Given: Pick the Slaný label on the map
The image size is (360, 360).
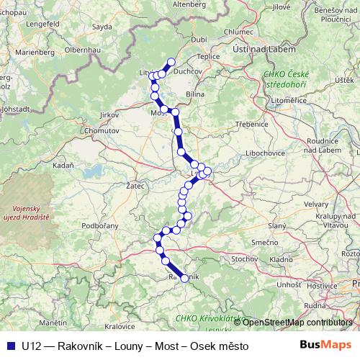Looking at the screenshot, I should (277, 227).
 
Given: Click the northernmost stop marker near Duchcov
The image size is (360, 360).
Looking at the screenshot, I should (171, 62).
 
